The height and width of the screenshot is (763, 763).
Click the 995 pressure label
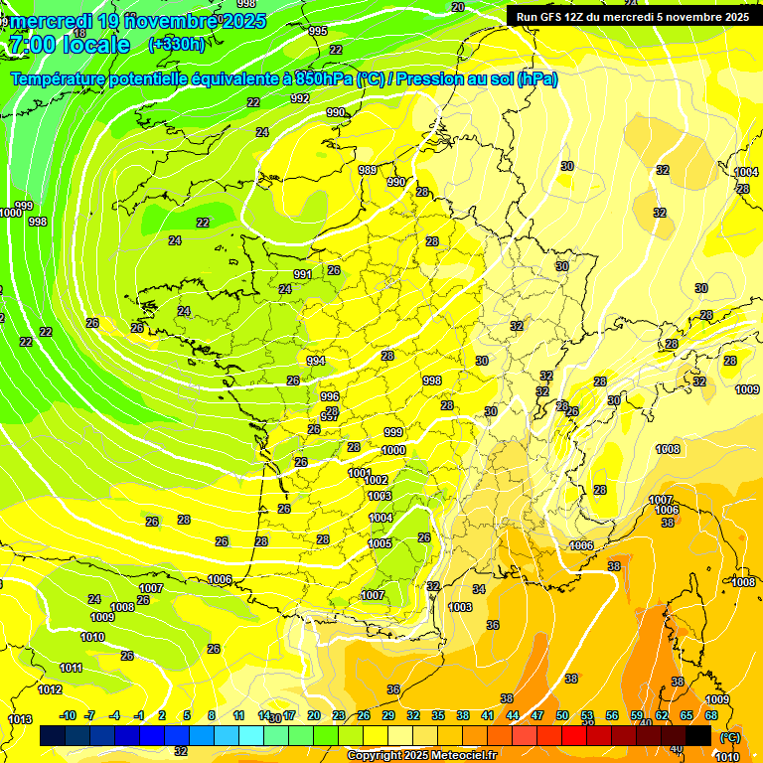click(x=318, y=32)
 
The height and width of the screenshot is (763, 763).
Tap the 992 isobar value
click(x=300, y=98)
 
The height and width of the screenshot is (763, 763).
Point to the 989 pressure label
click(x=368, y=171)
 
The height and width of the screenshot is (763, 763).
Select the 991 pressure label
click(x=303, y=275)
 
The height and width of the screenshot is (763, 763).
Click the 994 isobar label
click(x=316, y=361)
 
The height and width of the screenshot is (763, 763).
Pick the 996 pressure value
click(x=330, y=396)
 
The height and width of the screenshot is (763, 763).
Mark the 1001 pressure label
click(x=360, y=473)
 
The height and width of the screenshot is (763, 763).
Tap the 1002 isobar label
click(x=376, y=481)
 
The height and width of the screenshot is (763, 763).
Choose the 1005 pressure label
click(x=380, y=543)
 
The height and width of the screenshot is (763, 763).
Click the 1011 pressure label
click(x=71, y=668)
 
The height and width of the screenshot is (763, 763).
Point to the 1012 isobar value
click(x=50, y=689)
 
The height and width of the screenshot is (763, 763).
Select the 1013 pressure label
click(x=20, y=719)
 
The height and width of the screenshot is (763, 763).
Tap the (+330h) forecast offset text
click(x=176, y=44)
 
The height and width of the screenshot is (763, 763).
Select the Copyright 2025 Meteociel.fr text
click(x=421, y=756)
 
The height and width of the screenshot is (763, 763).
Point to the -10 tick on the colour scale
click(x=68, y=715)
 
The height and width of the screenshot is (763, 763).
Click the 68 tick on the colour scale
click(x=711, y=715)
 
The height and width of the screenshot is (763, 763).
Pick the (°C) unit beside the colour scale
click(x=730, y=737)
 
